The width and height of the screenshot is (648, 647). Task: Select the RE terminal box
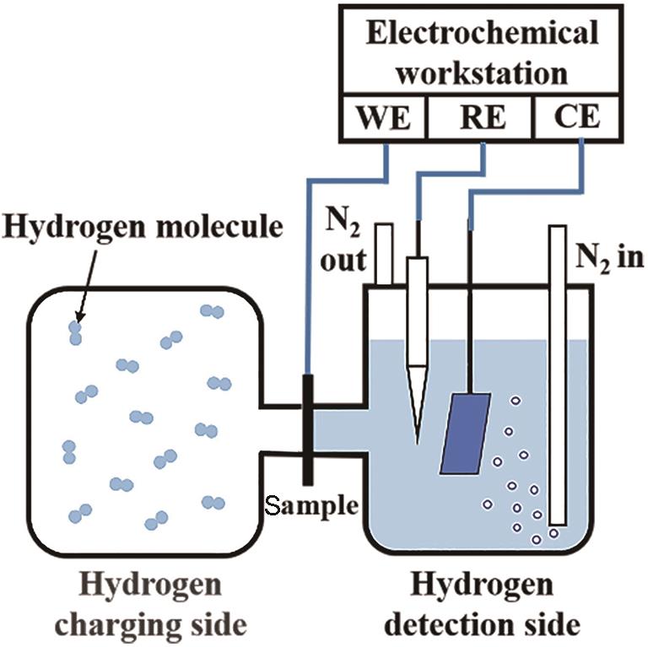coord(482,117)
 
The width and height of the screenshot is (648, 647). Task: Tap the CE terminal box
coord(577,117)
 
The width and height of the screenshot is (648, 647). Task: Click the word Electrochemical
coord(482,34)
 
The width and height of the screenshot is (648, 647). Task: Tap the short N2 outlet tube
coord(385,253)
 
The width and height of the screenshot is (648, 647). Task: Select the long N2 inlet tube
coord(557,371)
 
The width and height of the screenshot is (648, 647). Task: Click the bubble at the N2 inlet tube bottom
coord(553,532)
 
